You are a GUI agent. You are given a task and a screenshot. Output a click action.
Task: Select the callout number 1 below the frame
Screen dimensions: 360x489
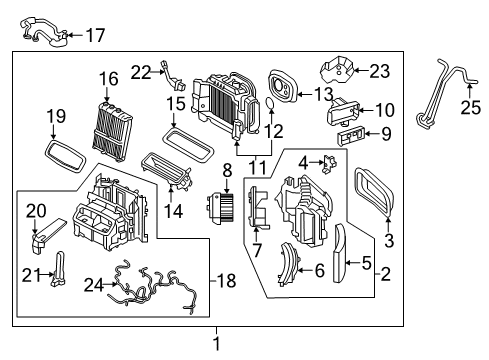click(214, 345)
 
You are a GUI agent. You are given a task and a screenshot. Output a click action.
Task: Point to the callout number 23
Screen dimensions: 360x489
click(379, 70)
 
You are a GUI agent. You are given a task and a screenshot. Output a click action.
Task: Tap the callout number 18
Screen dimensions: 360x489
click(227, 280)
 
